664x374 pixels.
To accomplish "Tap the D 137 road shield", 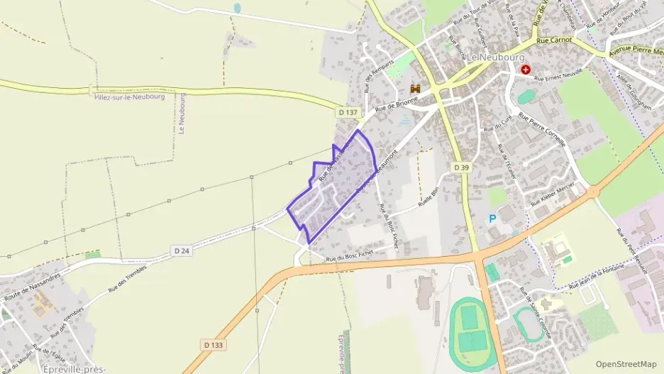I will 348,112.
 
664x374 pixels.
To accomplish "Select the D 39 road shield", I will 460,166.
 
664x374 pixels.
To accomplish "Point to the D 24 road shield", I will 181,250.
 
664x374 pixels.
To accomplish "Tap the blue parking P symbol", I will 492,219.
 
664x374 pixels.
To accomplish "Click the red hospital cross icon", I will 526,70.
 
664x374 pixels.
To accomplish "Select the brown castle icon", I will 416,89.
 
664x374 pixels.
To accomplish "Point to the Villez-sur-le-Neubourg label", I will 129,97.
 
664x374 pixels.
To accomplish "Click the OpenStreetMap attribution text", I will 626,364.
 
